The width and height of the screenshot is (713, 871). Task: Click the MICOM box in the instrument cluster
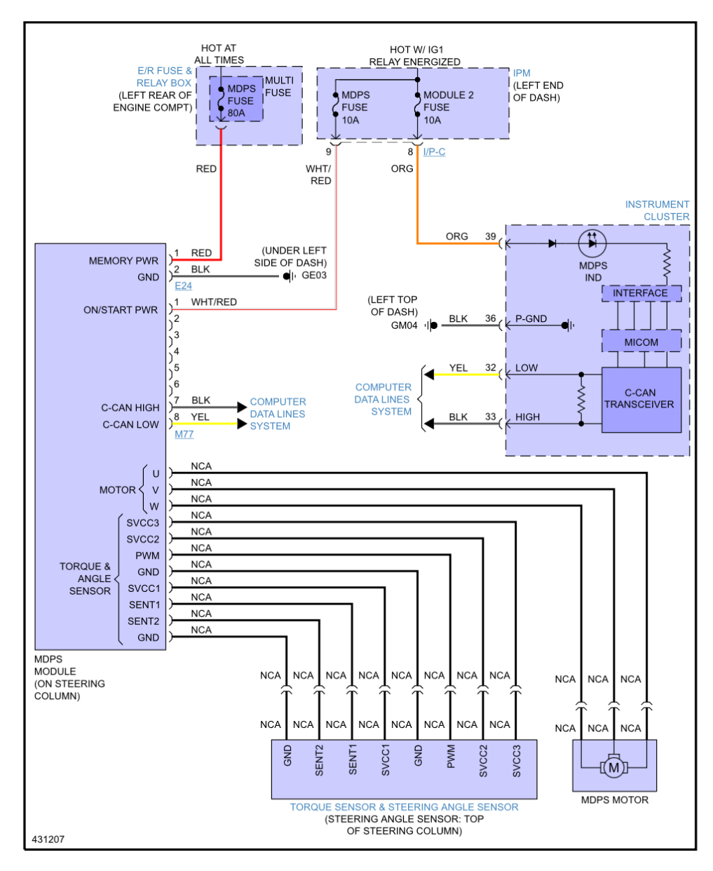pyautogui.click(x=641, y=342)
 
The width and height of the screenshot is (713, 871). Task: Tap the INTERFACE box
pyautogui.click(x=640, y=293)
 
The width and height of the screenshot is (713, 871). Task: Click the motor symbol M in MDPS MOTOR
pyautogui.click(x=613, y=768)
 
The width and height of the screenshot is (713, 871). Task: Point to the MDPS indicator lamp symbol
pyautogui.click(x=592, y=243)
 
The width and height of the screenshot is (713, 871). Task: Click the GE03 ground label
pyautogui.click(x=314, y=276)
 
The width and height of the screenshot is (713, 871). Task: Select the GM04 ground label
pyautogui.click(x=404, y=325)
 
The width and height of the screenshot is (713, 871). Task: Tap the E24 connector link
pyautogui.click(x=183, y=286)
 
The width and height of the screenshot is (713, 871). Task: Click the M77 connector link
pyautogui.click(x=184, y=435)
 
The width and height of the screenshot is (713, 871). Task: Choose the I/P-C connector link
pyautogui.click(x=434, y=152)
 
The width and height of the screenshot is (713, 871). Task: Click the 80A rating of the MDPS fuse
pyautogui.click(x=236, y=113)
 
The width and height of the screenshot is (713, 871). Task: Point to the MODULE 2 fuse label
pyautogui.click(x=448, y=95)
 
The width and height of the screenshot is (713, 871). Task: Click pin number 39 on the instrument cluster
pyautogui.click(x=490, y=237)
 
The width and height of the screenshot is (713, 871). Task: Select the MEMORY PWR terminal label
pyautogui.click(x=123, y=261)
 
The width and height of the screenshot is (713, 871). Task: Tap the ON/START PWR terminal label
pyautogui.click(x=121, y=310)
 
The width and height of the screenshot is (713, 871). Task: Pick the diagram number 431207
pyautogui.click(x=48, y=839)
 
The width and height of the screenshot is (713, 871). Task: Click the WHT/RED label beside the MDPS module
pyautogui.click(x=214, y=302)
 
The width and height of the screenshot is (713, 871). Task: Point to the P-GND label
pyautogui.click(x=531, y=319)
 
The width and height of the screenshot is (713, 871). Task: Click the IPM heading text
pyautogui.click(x=522, y=73)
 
